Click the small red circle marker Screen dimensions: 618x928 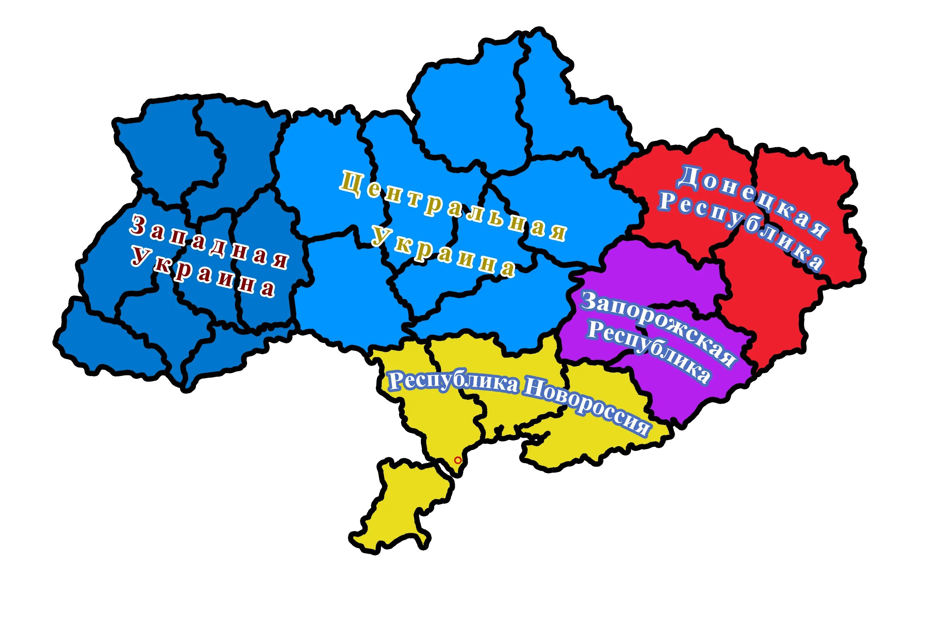click(457, 460)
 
